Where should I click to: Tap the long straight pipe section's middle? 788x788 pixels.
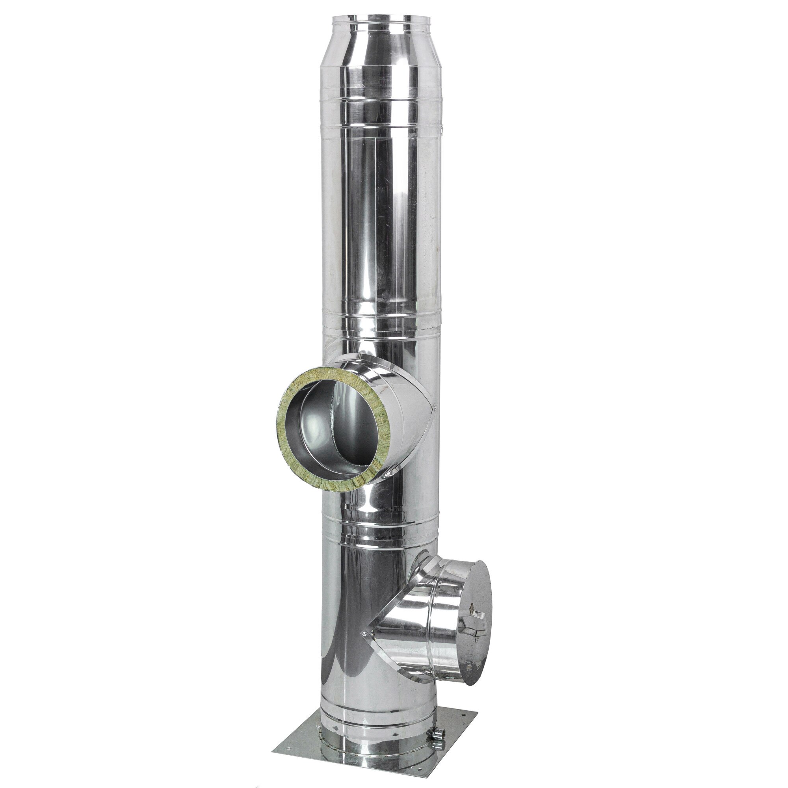tap(379, 224)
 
